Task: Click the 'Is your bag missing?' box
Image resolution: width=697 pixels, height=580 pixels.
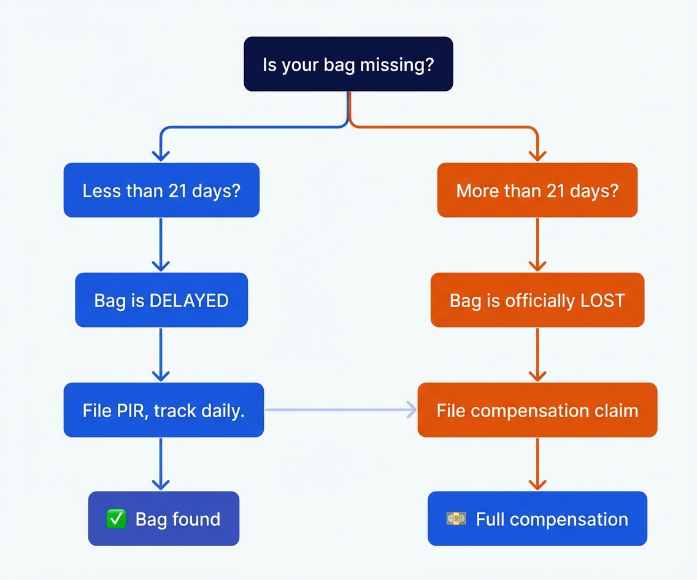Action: (348, 65)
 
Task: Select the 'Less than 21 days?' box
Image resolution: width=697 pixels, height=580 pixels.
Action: (161, 190)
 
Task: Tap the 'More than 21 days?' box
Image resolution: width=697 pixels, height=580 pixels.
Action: (537, 190)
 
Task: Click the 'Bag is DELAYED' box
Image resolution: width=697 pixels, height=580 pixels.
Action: (161, 300)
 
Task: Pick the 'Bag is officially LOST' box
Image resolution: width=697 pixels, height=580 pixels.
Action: (537, 300)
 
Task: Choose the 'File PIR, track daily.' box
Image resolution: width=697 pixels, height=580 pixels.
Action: (163, 410)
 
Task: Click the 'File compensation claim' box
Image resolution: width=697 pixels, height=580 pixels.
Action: (537, 410)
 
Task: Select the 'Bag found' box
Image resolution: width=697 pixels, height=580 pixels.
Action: (163, 519)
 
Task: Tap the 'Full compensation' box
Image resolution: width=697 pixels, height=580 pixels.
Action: (537, 519)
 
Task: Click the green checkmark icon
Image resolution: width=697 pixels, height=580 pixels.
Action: (116, 519)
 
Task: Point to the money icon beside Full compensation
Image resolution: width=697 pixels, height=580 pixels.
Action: (456, 519)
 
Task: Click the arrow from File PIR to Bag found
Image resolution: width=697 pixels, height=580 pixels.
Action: (161, 464)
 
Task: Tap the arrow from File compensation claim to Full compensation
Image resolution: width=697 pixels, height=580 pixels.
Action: (537, 464)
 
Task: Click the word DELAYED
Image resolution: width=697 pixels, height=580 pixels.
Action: (189, 300)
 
